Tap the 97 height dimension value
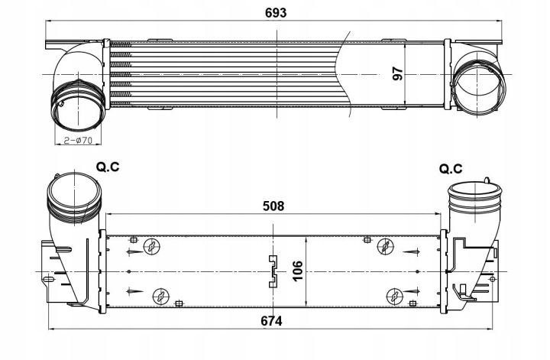397,74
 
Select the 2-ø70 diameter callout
78,140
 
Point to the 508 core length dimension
273,206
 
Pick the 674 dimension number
272,320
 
